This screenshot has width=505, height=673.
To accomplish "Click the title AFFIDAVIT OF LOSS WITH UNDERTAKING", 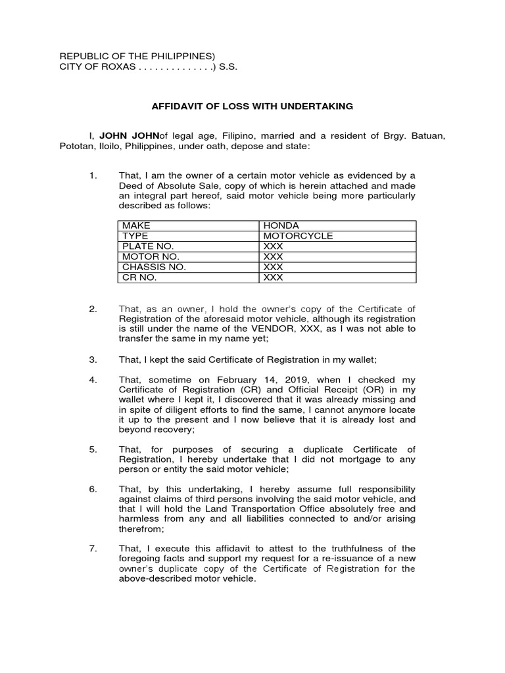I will coord(252,106).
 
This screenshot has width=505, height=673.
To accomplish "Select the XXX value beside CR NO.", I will coord(273,277).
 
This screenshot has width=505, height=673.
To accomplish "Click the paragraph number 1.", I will coord(93,175).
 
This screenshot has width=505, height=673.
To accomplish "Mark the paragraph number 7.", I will coord(93,548).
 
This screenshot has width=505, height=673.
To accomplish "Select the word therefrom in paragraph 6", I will coord(141,528).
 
